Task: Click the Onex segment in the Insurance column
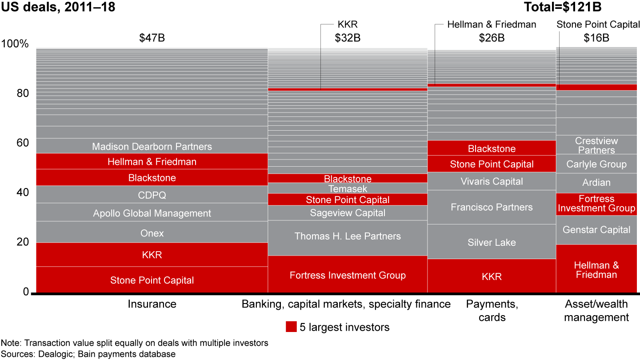click(x=152, y=232)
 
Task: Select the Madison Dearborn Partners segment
click(x=152, y=146)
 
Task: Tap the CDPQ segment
click(x=152, y=195)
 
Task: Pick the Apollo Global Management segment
click(x=152, y=213)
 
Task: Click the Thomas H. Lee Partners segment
click(x=348, y=236)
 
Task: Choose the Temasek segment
click(x=348, y=188)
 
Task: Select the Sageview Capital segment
click(x=348, y=213)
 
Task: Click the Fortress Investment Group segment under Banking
click(x=348, y=275)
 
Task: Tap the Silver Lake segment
click(x=492, y=242)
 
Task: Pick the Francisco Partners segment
click(x=492, y=207)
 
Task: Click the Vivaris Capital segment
click(x=492, y=181)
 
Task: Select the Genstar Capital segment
click(x=596, y=230)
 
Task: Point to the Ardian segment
click(x=596, y=183)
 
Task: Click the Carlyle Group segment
click(x=596, y=164)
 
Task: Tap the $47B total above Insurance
click(x=152, y=38)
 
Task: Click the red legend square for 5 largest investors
click(x=291, y=327)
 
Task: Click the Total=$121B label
click(x=563, y=7)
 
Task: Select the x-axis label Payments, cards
click(x=492, y=310)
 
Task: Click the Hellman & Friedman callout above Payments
click(x=492, y=24)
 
